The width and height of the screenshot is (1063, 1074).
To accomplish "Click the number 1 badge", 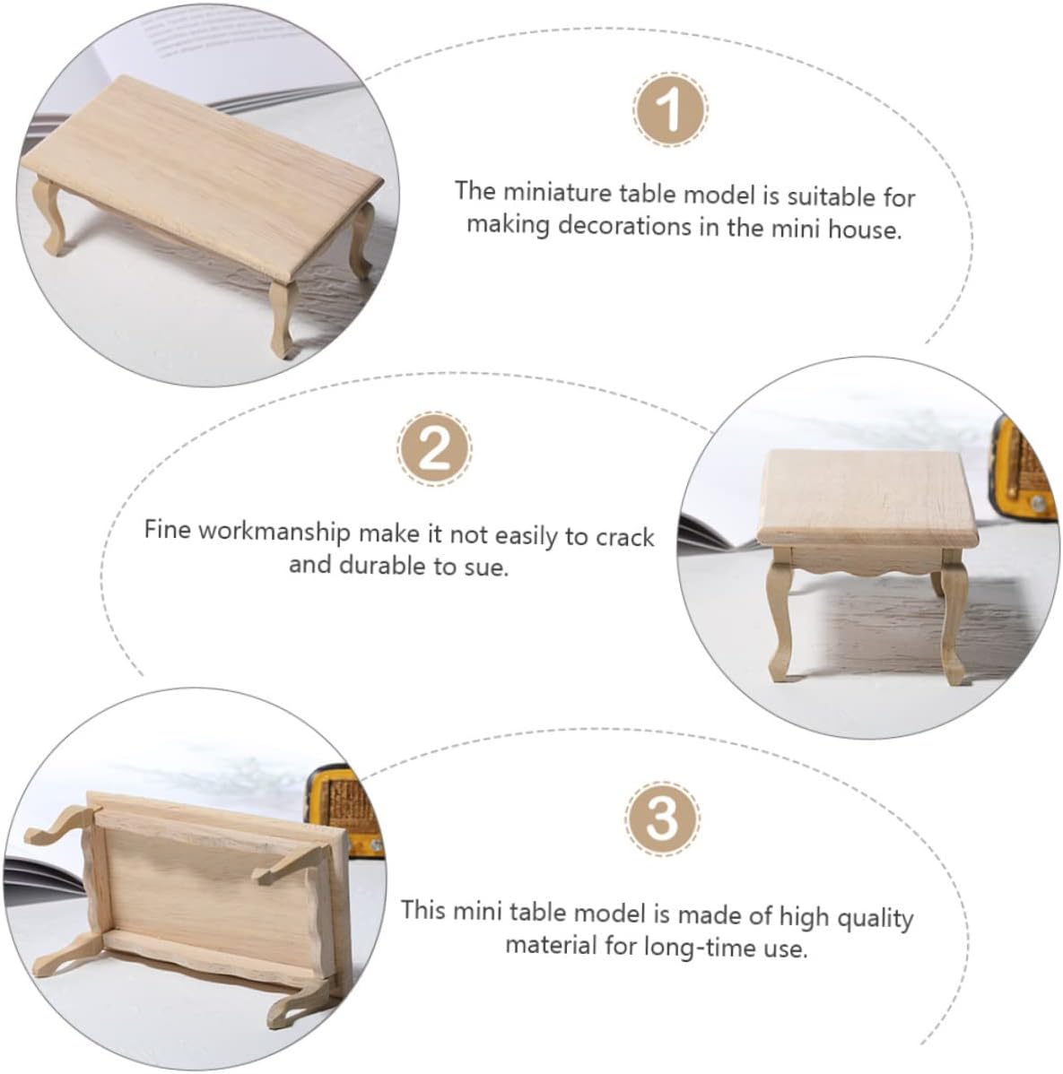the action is tap(669, 108).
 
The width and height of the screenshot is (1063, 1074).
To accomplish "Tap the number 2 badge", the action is tap(434, 448).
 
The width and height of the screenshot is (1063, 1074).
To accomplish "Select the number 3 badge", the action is tap(662, 818).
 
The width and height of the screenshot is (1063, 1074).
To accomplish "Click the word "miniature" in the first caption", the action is tap(557, 193).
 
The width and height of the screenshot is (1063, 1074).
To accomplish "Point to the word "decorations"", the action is tap(624, 226).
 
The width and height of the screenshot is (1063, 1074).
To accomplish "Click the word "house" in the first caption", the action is tap(864, 229).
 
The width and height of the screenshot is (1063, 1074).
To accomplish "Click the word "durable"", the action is tap(382, 565).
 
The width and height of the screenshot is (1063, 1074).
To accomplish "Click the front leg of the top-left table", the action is tap(283, 318).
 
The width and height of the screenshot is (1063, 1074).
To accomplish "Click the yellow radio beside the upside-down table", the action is tap(343, 810).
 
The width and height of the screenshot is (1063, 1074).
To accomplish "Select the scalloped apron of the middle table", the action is tap(867, 559).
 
